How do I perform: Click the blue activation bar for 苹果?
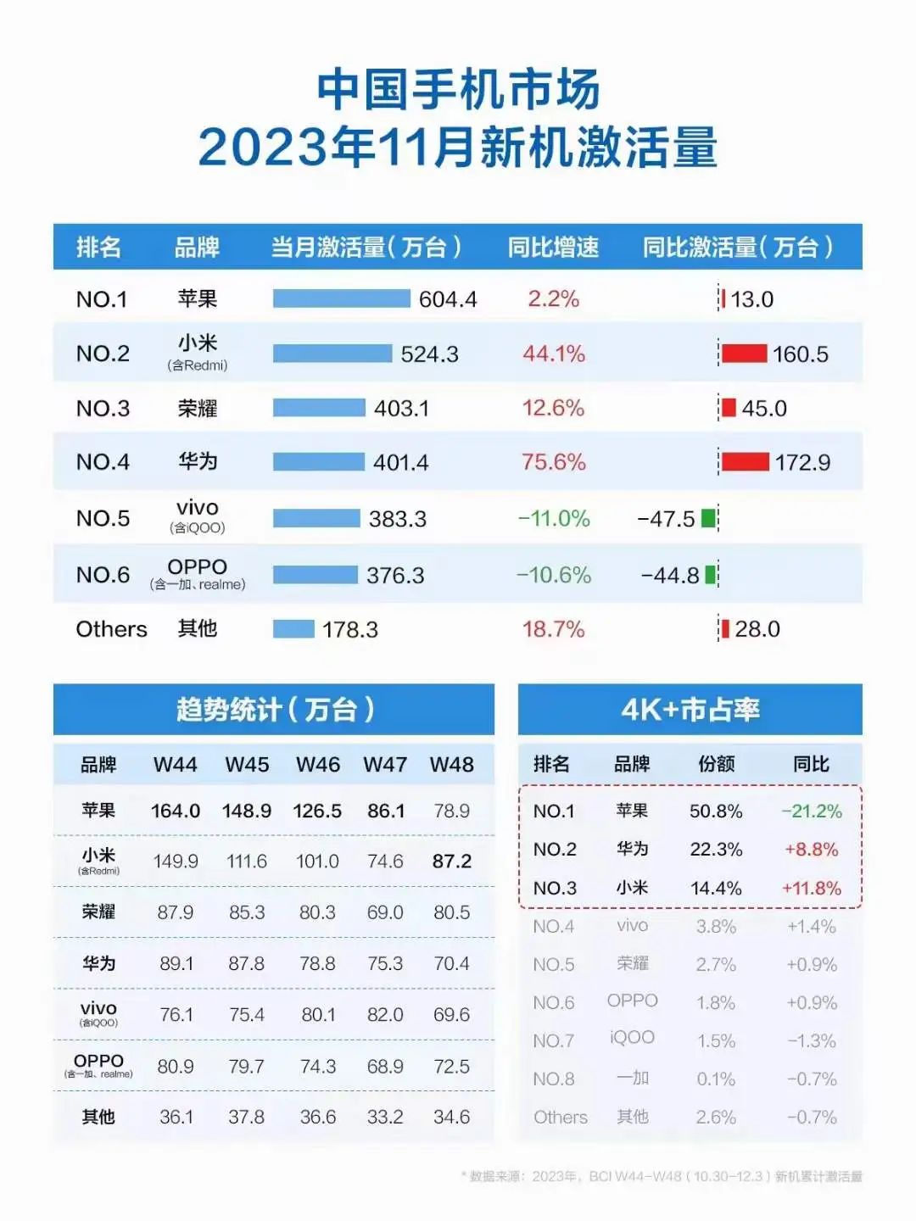pyautogui.click(x=341, y=298)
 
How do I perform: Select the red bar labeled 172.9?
pyautogui.click(x=745, y=462)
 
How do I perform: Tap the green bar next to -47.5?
pyautogui.click(x=708, y=518)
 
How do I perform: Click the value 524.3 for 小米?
pyautogui.click(x=429, y=354)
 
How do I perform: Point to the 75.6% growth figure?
pyautogui.click(x=553, y=462)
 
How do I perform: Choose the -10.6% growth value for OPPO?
pyautogui.click(x=553, y=575)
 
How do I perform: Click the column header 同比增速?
pyautogui.click(x=553, y=247)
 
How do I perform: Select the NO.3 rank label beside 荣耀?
pyautogui.click(x=103, y=408)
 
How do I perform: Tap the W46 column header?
pyautogui.click(x=317, y=764)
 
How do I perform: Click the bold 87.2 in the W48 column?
pyautogui.click(x=451, y=861)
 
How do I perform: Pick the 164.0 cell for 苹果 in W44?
pyautogui.click(x=175, y=811)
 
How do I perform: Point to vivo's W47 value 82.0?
pyautogui.click(x=385, y=1015)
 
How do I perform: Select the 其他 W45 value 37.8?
pyautogui.click(x=246, y=1117)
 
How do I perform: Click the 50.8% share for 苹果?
pyautogui.click(x=715, y=811)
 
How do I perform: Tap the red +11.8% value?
pyautogui.click(x=811, y=889)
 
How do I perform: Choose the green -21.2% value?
pyautogui.click(x=811, y=811)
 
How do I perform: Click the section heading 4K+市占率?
pyautogui.click(x=690, y=709)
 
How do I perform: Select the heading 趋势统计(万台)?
pyautogui.click(x=274, y=709)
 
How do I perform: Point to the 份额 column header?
pyautogui.click(x=716, y=764)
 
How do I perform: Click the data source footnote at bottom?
pyautogui.click(x=662, y=1176)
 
